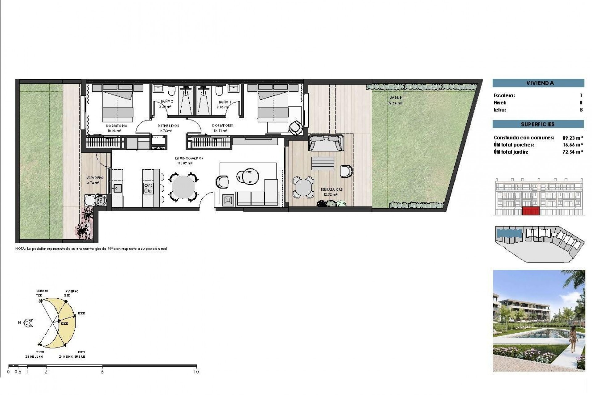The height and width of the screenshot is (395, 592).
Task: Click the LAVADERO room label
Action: (95, 178)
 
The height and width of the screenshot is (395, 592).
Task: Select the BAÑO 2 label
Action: (167, 101)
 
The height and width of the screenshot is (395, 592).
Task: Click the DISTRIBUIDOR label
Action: (168, 126)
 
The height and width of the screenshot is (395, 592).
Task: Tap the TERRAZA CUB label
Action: (331, 189)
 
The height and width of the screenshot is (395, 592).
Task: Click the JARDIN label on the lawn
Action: (396, 98)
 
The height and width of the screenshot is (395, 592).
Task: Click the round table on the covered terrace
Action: (303, 187)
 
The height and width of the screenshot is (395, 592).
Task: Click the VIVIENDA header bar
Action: (538, 83)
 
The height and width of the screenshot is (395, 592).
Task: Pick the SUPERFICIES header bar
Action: (538, 124)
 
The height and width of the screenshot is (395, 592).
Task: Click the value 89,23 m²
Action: (573, 138)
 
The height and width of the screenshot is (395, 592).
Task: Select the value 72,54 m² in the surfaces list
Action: (573, 152)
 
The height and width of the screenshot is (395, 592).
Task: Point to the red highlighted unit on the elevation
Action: (531, 211)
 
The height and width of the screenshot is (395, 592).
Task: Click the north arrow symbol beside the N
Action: (28, 323)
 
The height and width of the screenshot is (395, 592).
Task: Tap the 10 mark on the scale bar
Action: (196, 372)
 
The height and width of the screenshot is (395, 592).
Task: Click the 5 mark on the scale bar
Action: (102, 372)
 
